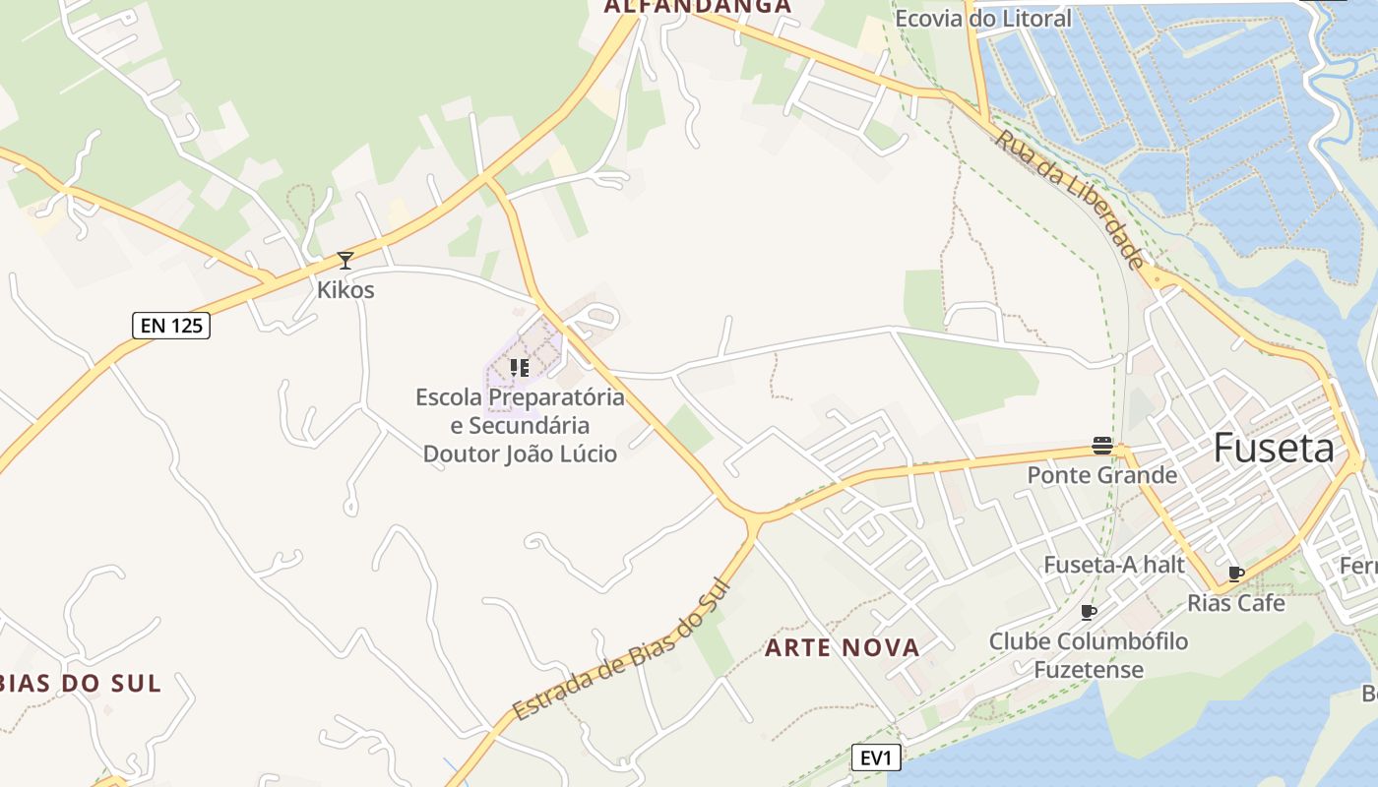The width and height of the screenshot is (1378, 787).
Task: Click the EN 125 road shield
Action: click(x=171, y=325)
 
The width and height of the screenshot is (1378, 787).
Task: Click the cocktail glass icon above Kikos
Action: click(x=345, y=261)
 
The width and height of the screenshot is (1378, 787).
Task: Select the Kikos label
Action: click(x=345, y=290)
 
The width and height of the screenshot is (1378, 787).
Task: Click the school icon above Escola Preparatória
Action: click(x=520, y=368)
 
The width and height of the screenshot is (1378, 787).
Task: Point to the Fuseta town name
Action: click(x=1274, y=449)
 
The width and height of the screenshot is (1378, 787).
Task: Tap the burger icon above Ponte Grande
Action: click(x=1102, y=446)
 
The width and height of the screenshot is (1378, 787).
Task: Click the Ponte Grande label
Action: click(x=1102, y=475)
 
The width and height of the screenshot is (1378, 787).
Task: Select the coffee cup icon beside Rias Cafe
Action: click(x=1236, y=574)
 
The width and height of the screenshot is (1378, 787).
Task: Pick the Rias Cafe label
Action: click(x=1236, y=603)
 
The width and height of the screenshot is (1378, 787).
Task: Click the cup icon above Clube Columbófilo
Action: click(x=1089, y=612)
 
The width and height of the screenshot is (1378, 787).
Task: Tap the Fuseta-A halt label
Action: click(x=1113, y=565)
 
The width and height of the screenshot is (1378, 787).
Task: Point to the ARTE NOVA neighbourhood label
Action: click(x=843, y=647)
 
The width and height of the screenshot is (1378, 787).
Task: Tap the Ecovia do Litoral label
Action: click(x=982, y=18)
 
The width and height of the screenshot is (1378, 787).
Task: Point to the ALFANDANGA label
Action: click(x=698, y=7)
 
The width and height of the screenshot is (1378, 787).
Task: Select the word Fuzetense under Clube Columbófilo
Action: click(x=1089, y=670)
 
